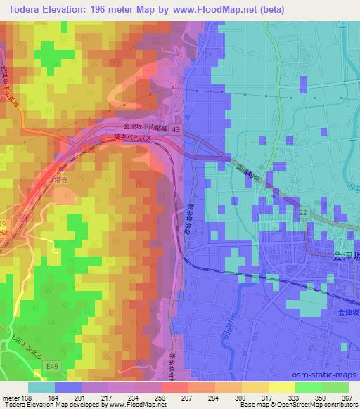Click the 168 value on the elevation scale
click(25, 398)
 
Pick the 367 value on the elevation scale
click(347, 398)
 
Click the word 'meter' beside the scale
click(9, 398)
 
